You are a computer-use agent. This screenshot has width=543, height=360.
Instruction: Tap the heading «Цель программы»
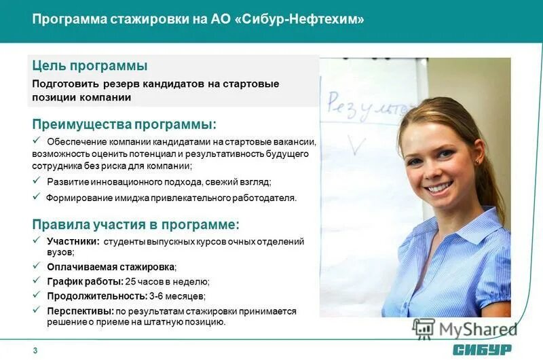click(x=90, y=66)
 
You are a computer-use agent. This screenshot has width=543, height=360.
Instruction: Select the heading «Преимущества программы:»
click(x=125, y=124)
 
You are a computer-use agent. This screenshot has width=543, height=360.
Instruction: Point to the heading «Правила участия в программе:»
click(x=136, y=224)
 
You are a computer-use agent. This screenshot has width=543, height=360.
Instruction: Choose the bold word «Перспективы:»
click(x=80, y=310)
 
